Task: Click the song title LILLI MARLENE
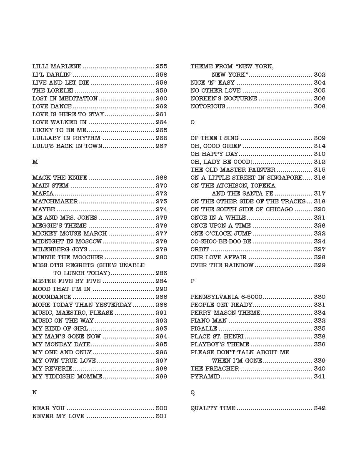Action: point(57,67)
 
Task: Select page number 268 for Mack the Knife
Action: point(161,178)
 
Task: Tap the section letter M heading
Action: point(35,162)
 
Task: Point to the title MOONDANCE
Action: point(52,297)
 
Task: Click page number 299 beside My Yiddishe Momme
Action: point(161,376)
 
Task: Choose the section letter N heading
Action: point(35,392)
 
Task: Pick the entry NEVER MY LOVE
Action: point(58,416)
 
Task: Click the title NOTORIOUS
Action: point(208,107)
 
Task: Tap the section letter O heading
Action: point(192,123)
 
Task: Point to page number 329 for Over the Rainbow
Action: point(320,266)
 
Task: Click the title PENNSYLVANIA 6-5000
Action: point(226,297)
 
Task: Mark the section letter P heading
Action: point(192,281)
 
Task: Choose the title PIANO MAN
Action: point(209,321)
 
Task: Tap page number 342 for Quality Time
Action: point(320,408)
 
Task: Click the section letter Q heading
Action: point(192,393)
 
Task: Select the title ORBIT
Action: point(200,250)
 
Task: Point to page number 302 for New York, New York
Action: point(320,75)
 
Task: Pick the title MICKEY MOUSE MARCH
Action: point(70,234)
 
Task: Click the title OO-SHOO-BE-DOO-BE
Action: point(221,242)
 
